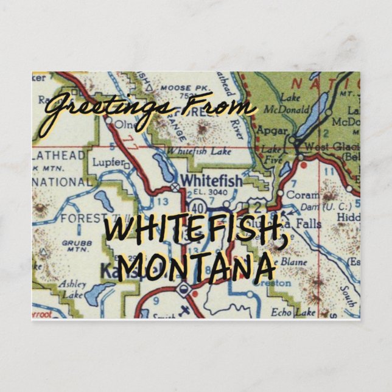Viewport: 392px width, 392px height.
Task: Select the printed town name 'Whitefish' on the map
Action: point(212,181)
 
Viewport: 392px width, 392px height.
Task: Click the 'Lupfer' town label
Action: point(110,163)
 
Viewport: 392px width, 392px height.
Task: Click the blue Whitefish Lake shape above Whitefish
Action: point(164,167)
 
